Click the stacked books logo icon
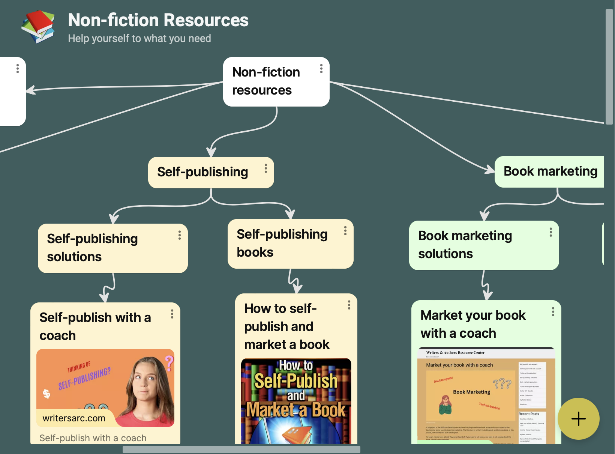[38, 26]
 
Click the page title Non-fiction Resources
[158, 20]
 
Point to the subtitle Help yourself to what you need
[139, 38]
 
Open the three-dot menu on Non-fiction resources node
[321, 69]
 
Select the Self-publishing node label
[202, 172]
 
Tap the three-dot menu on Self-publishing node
[265, 168]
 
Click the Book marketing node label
[550, 171]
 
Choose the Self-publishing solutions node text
[92, 248]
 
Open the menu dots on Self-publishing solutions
[180, 235]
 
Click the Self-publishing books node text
[282, 243]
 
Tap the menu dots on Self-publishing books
[345, 231]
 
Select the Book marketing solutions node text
[465, 245]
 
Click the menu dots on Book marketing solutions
[550, 232]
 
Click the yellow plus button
[578, 419]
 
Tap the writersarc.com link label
[74, 418]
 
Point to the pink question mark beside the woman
[169, 363]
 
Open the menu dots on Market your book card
[553, 312]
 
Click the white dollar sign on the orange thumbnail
[46, 394]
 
